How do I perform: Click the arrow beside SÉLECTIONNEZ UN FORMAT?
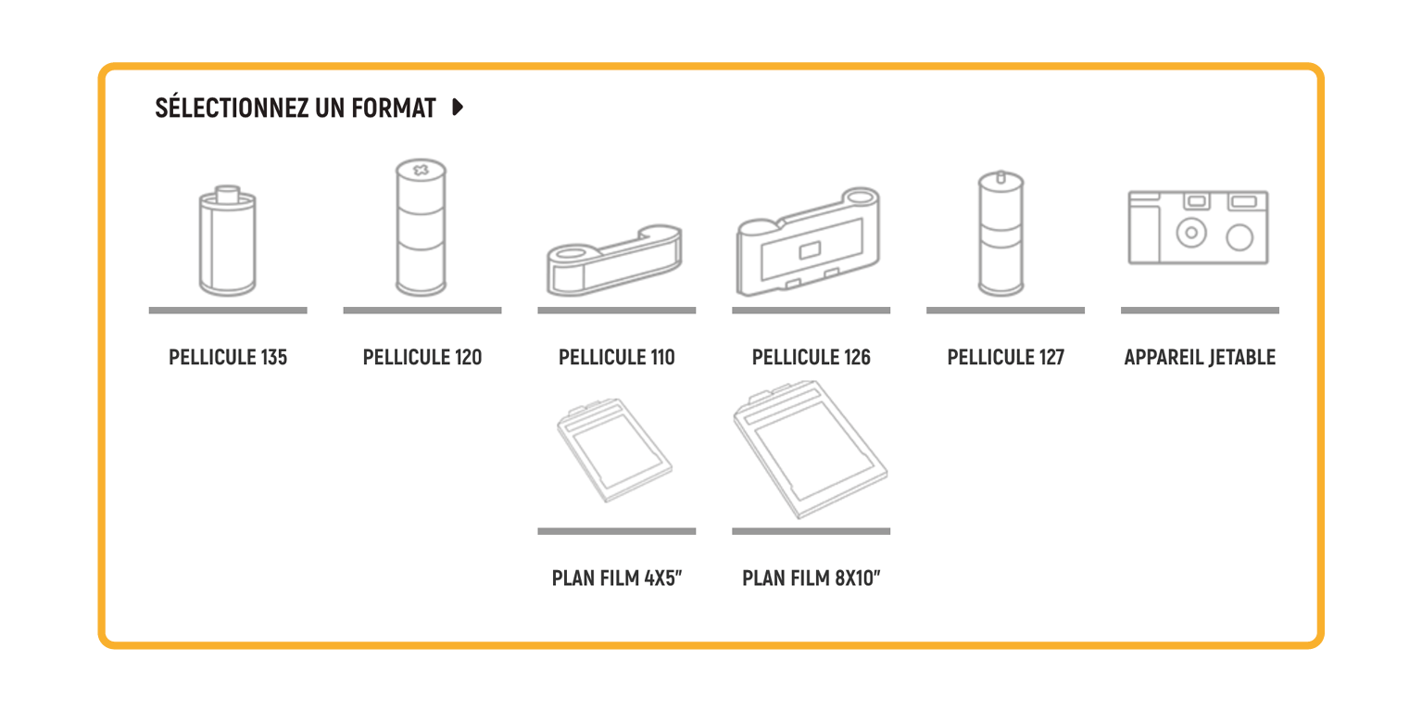click(x=458, y=108)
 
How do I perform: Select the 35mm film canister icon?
click(x=227, y=241)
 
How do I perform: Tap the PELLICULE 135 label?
click(x=228, y=358)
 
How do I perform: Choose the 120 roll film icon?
click(x=421, y=227)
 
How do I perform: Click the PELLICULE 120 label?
click(x=422, y=358)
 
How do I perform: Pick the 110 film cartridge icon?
click(x=614, y=261)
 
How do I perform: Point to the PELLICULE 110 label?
click(x=616, y=358)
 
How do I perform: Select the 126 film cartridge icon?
click(x=808, y=241)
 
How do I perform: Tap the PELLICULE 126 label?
click(x=812, y=358)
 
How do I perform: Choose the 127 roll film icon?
click(x=1001, y=233)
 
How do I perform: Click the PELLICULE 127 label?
click(x=1005, y=358)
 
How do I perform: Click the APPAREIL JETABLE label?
click(x=1200, y=358)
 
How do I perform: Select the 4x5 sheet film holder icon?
click(x=614, y=450)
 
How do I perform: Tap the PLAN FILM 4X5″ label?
click(x=616, y=578)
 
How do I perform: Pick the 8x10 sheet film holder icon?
click(x=810, y=449)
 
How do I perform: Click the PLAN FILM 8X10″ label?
click(x=812, y=578)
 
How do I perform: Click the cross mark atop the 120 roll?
click(x=421, y=170)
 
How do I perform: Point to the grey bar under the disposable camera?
click(x=1200, y=311)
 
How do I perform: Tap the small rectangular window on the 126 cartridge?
click(x=810, y=251)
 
